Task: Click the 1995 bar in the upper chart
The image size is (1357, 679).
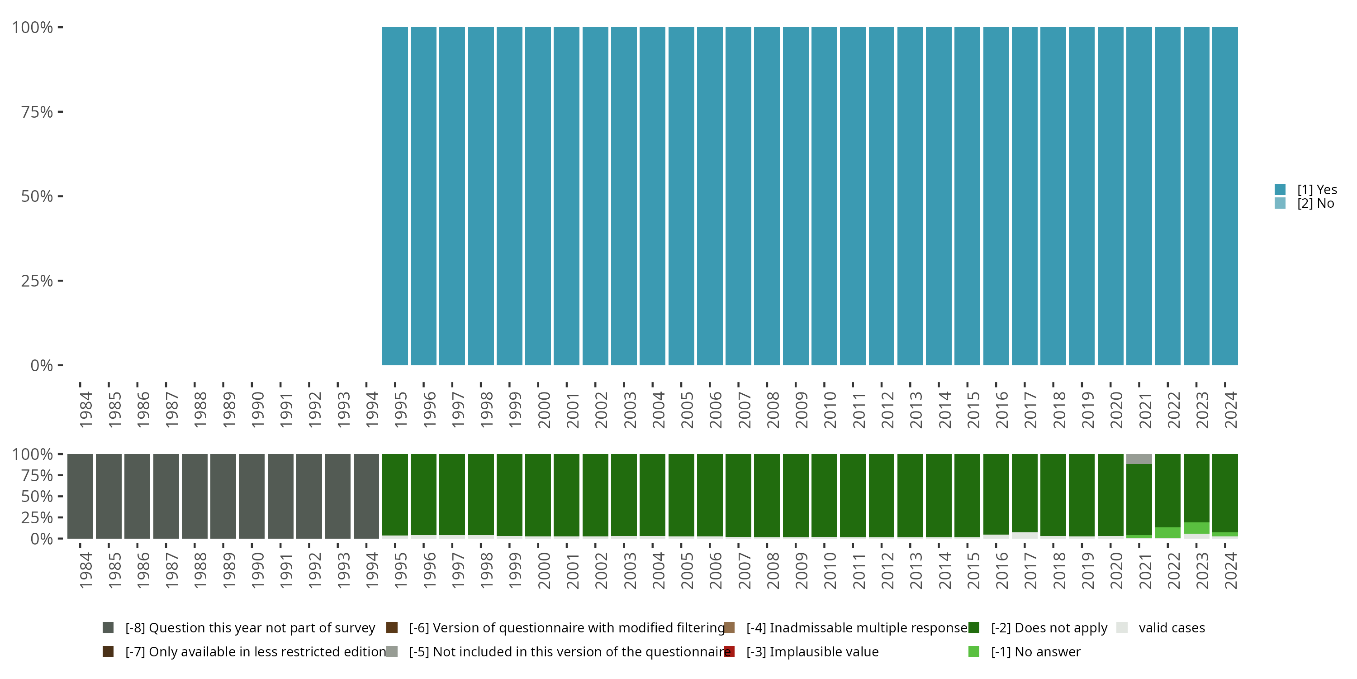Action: tap(394, 196)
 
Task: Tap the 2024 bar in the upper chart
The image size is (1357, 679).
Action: tap(1225, 196)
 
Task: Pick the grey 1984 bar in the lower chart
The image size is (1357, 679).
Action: tap(80, 496)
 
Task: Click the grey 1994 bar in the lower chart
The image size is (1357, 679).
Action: tap(366, 496)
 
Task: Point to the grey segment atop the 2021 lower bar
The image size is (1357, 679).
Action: tap(1139, 459)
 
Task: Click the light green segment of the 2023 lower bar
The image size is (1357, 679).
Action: tap(1196, 528)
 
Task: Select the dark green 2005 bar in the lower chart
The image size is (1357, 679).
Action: tap(681, 494)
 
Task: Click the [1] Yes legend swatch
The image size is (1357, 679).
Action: tap(1280, 189)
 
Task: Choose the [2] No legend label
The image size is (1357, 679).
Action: tap(1315, 204)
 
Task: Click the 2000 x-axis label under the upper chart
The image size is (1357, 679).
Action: tap(544, 410)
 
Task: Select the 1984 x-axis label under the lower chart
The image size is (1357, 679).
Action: tap(86, 570)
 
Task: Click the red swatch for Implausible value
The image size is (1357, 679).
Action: tap(730, 651)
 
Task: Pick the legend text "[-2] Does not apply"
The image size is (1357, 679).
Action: tap(1049, 628)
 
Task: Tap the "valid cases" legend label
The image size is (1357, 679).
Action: tap(1172, 628)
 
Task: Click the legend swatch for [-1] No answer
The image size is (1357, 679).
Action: tap(973, 651)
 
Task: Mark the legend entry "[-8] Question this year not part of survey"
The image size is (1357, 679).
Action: tap(250, 628)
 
